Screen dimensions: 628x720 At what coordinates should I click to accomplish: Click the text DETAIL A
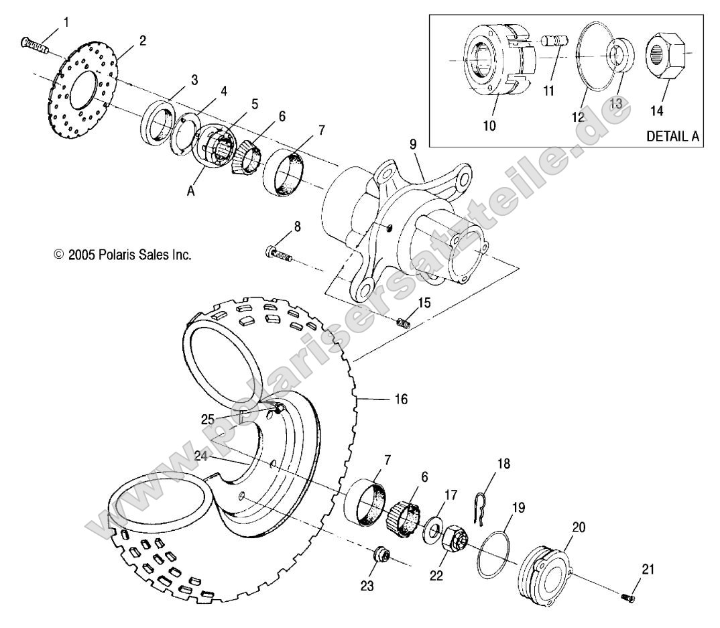point(672,136)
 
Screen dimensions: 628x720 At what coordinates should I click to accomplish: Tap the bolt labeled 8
point(279,253)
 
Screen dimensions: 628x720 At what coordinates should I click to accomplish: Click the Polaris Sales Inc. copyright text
point(123,255)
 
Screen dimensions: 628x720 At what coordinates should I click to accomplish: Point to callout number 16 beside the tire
point(400,399)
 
